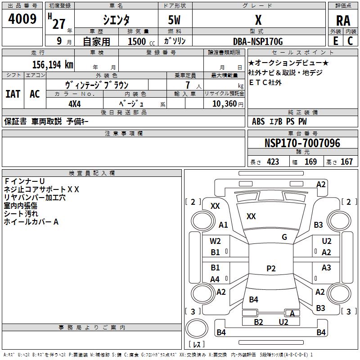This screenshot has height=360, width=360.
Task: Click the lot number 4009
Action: (22, 19)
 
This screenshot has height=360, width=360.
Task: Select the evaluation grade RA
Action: (343, 20)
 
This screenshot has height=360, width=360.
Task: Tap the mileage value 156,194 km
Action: (53, 64)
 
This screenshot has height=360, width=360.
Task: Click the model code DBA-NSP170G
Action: (258, 41)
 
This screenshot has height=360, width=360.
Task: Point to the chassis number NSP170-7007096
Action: (302, 143)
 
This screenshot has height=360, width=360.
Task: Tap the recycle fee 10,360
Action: (224, 103)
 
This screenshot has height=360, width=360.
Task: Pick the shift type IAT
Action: (13, 94)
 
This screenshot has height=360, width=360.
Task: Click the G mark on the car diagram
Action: (284, 237)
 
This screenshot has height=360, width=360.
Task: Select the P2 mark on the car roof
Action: (271, 269)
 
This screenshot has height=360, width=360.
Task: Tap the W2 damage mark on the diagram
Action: (216, 241)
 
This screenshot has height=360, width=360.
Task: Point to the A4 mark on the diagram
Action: (215, 279)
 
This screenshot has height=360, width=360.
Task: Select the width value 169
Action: (310, 162)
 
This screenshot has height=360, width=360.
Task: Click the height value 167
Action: (346, 162)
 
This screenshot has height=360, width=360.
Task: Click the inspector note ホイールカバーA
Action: (31, 222)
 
